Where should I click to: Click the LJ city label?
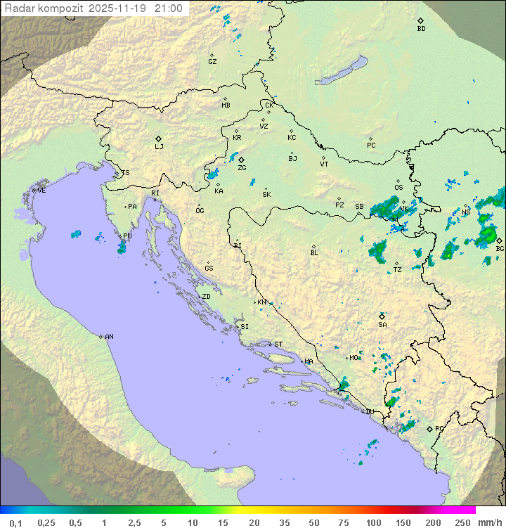(x=159, y=146)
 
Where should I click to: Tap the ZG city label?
(x=242, y=168)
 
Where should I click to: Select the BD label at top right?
(x=421, y=29)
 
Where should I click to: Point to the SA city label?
(x=382, y=324)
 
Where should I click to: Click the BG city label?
(x=500, y=248)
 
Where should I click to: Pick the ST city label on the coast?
(x=278, y=345)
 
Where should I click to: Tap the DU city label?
(x=370, y=412)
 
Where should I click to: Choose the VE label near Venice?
(x=41, y=191)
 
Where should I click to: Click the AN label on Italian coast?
(x=109, y=337)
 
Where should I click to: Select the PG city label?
(x=439, y=428)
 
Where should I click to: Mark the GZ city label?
(x=212, y=62)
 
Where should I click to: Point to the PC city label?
(x=371, y=146)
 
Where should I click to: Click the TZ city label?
(x=397, y=270)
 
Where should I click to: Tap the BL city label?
(x=314, y=252)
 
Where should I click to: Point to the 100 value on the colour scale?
(x=373, y=522)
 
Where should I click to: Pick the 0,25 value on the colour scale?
(x=46, y=522)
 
